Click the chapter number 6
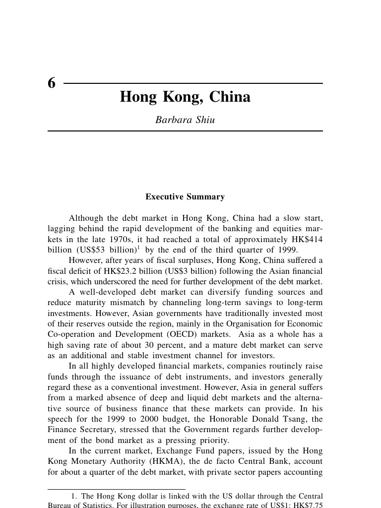pos(52,84)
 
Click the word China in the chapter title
pos(230,97)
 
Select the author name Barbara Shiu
pos(185,120)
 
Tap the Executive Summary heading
pos(185,197)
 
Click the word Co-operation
pos(70,334)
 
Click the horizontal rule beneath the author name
pos(185,131)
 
